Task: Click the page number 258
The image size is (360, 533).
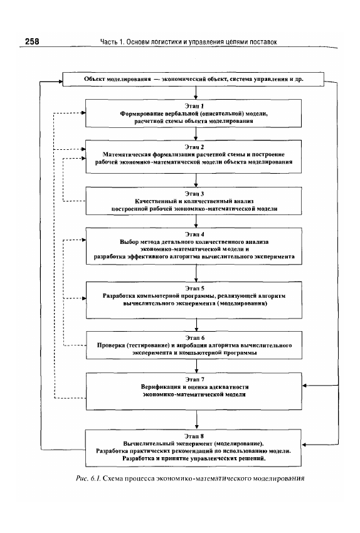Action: pos(32,41)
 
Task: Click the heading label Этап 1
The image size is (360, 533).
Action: pos(194,106)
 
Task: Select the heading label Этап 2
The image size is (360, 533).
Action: pos(194,147)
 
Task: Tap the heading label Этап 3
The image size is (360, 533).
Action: pos(194,194)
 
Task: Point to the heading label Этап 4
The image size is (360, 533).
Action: pos(194,235)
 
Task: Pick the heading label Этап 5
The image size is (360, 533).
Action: pos(195,288)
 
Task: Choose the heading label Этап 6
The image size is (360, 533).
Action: pos(195,338)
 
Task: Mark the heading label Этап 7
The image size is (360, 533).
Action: pos(195,379)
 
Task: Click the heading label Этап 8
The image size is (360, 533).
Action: pos(194,436)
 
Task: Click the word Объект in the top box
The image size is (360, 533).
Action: pos(95,79)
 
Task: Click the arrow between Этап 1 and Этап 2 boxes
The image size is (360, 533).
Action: pos(196,134)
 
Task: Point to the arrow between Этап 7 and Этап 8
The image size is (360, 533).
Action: pos(197,420)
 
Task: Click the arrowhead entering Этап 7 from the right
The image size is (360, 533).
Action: pos(305,386)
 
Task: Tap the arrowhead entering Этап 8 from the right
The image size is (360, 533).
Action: pos(305,445)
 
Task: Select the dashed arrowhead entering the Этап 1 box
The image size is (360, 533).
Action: pos(83,113)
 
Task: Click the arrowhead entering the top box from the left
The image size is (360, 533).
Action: pos(60,82)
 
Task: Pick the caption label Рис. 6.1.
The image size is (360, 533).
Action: pos(88,478)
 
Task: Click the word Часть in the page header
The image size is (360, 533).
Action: pos(109,42)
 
